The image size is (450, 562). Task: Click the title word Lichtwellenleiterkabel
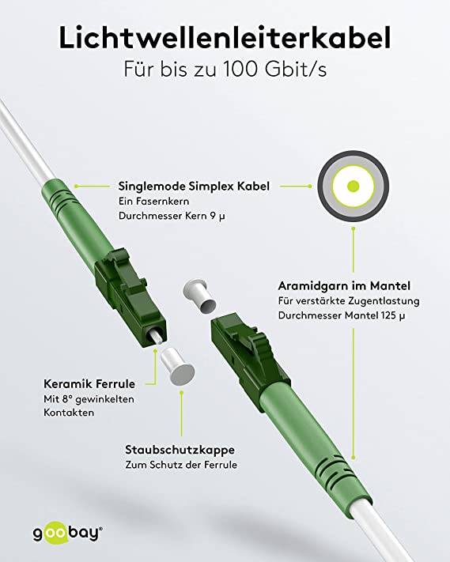225,38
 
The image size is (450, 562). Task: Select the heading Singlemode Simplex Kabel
193,187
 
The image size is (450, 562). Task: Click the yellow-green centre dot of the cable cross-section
353,187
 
